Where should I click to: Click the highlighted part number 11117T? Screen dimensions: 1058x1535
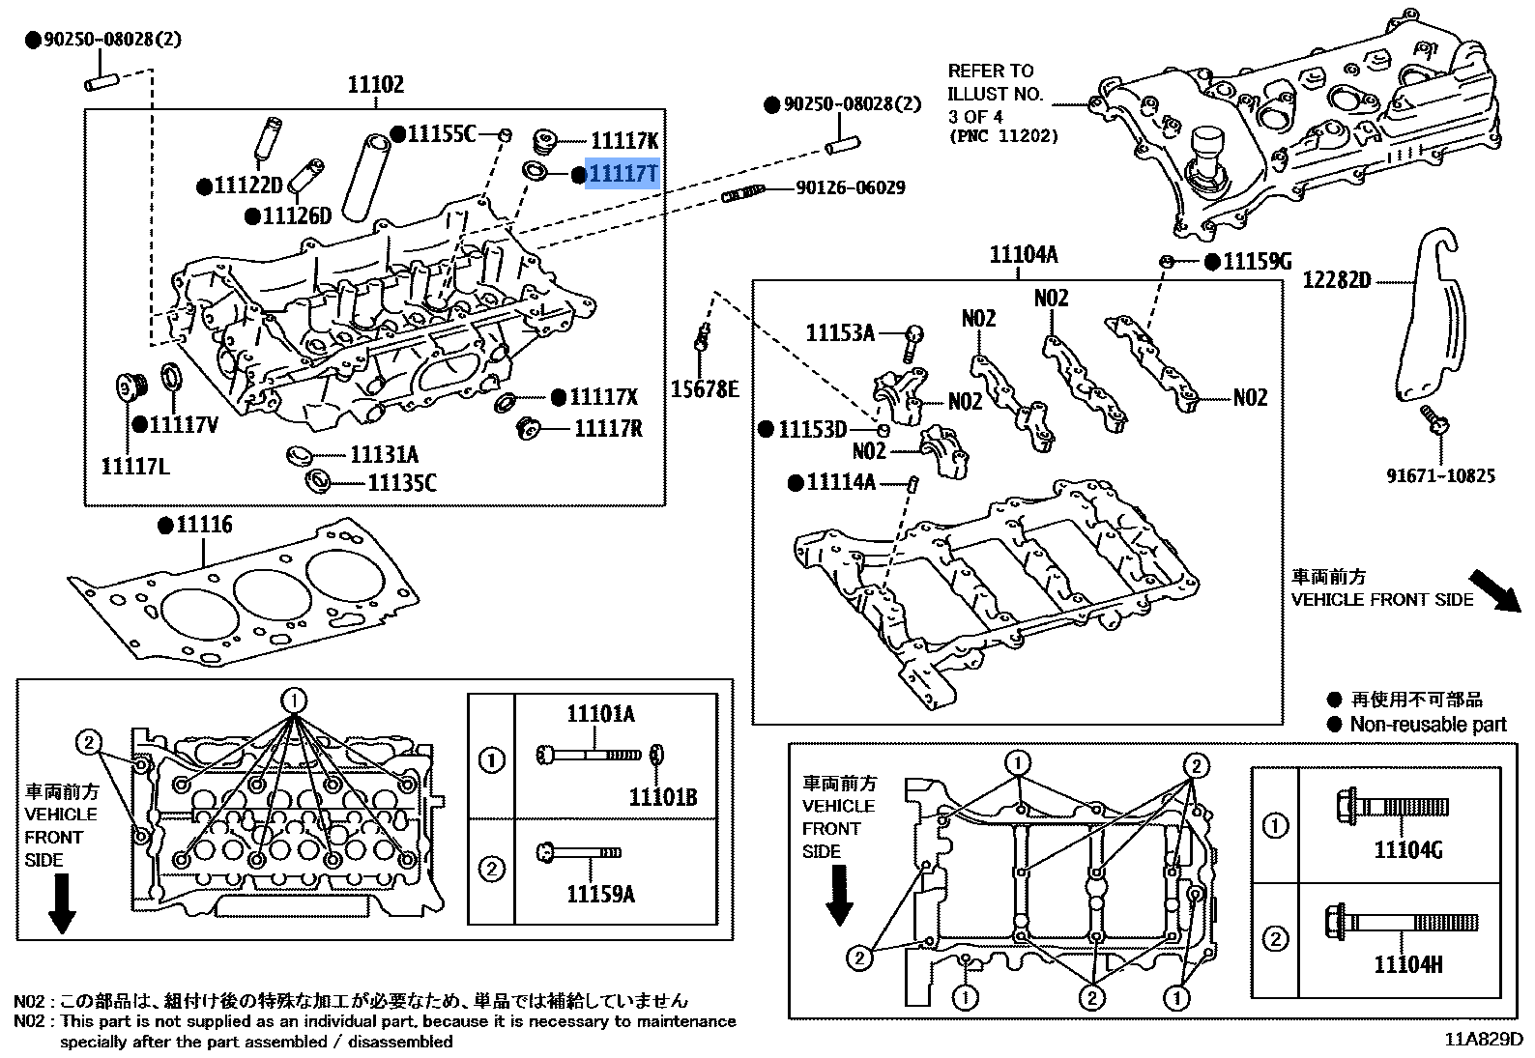(623, 174)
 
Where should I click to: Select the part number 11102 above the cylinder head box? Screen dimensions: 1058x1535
(376, 85)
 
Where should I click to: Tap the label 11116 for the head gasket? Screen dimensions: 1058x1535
(204, 525)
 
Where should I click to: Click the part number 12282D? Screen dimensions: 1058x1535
(1336, 280)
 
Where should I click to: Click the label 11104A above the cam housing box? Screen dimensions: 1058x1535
(1023, 255)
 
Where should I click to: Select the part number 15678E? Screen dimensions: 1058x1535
(705, 389)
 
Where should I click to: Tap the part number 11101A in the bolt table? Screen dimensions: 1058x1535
(600, 714)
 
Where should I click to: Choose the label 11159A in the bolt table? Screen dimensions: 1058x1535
(600, 894)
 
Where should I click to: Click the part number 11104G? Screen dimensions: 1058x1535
(1407, 850)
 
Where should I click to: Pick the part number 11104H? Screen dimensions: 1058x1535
(1407, 964)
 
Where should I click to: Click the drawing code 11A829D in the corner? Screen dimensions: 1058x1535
(1483, 1040)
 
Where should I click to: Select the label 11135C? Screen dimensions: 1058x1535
(402, 482)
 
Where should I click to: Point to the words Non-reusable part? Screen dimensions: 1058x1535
(1428, 725)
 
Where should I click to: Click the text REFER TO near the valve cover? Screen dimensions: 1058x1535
(990, 71)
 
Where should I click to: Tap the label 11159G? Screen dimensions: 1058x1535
(1257, 262)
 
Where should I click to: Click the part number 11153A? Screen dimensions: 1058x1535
(839, 333)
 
